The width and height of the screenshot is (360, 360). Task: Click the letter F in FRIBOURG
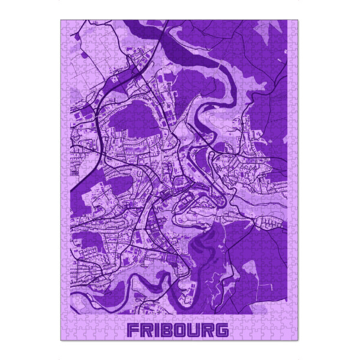pos(133,330)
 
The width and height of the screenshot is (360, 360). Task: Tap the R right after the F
pos(146,330)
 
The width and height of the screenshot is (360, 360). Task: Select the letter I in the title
pos(156,330)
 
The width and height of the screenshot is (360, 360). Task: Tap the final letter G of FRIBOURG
pos(223,330)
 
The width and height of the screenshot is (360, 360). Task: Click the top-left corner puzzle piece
pos(65,25)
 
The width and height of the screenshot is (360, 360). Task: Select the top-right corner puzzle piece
pos(293,25)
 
